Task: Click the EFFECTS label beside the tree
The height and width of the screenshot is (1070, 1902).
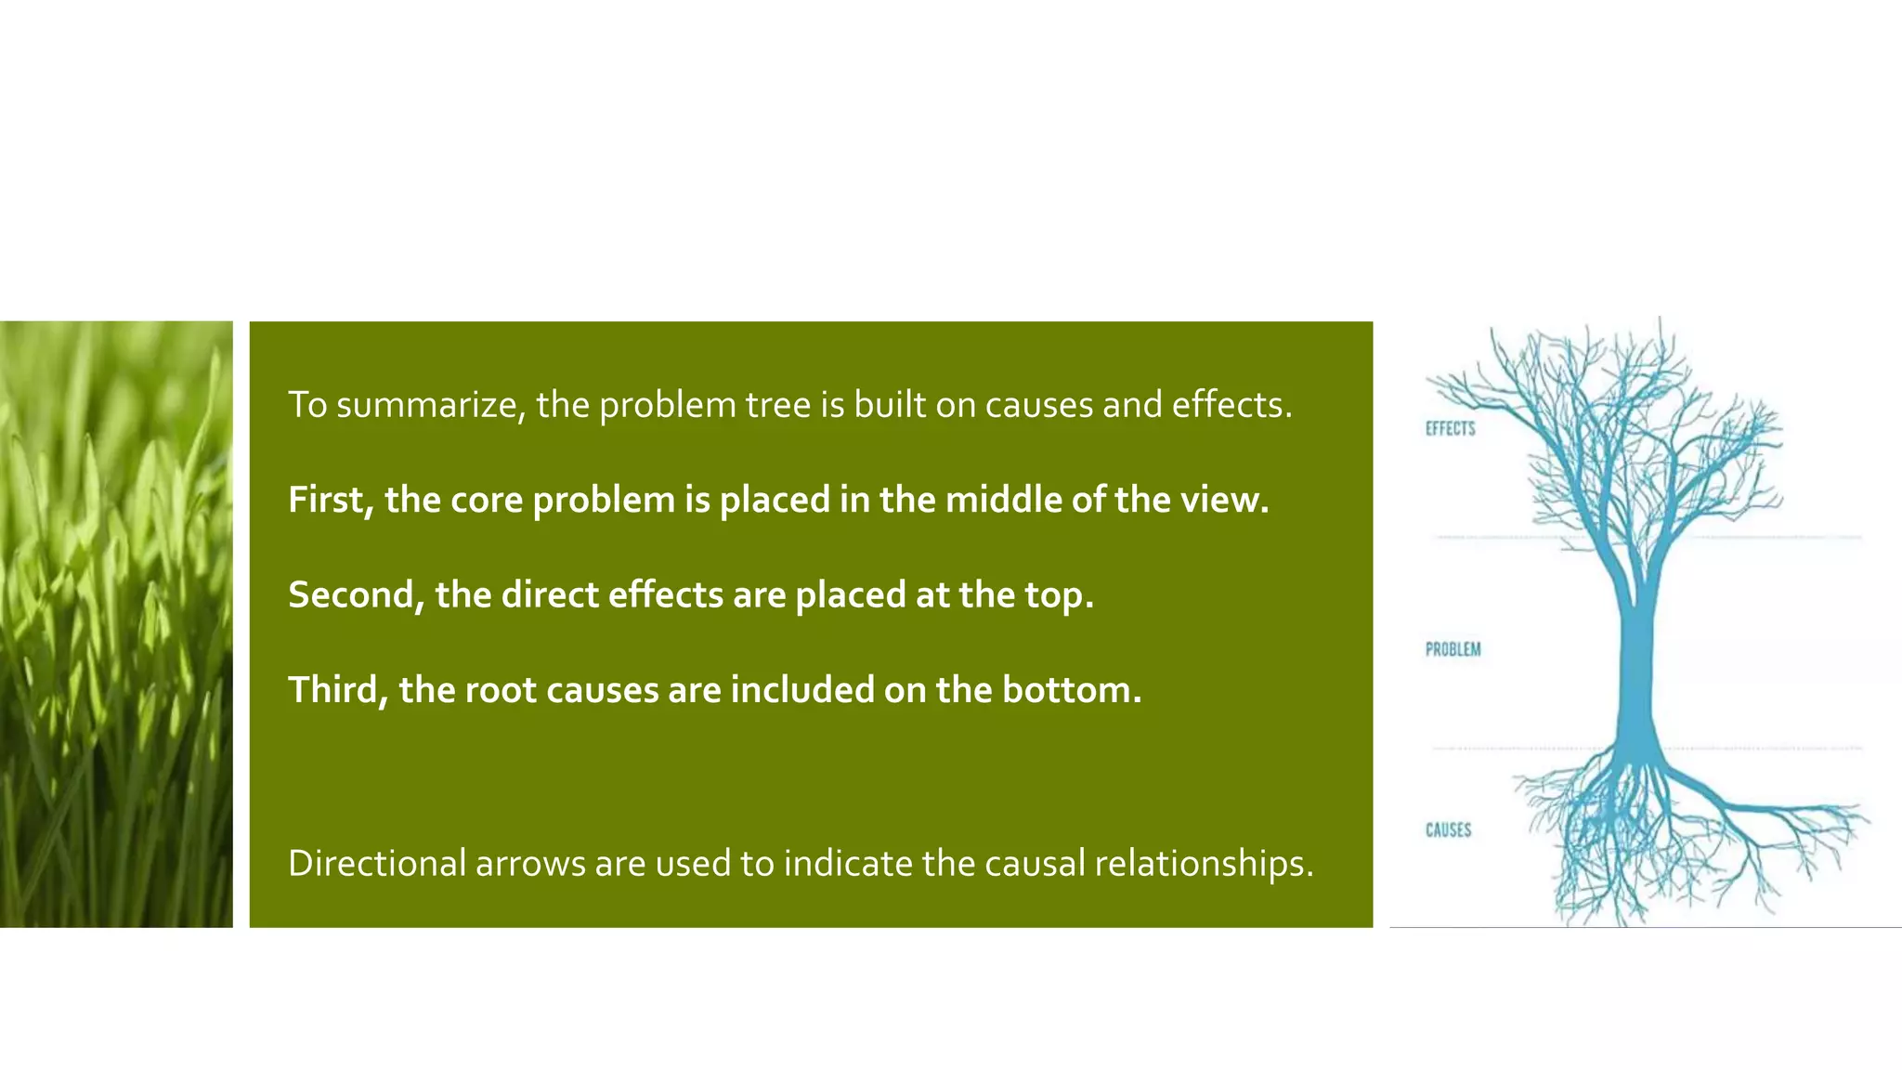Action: [x=1450, y=428]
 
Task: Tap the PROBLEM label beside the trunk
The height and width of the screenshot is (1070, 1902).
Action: [x=1453, y=649]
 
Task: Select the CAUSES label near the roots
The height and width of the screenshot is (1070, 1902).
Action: [x=1448, y=829]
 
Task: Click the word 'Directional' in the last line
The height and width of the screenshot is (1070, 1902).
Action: [x=376, y=864]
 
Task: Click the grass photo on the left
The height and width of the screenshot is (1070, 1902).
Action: [x=116, y=623]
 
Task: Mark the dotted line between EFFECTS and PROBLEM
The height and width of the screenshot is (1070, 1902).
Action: [x=1765, y=537]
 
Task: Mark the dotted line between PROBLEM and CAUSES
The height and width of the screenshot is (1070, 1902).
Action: [x=1765, y=748]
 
